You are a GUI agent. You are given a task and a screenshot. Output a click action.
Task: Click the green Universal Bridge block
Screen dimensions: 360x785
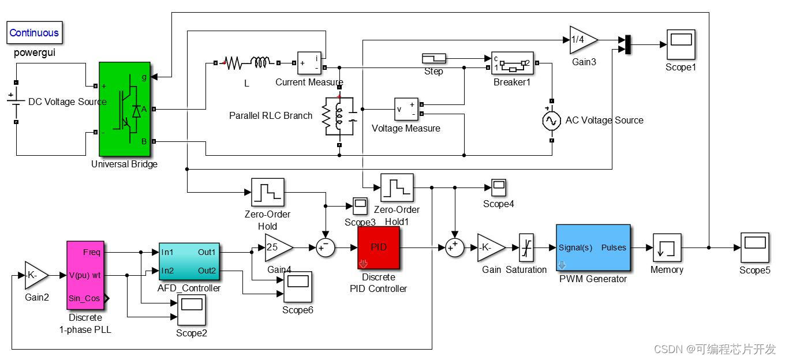tap(125, 109)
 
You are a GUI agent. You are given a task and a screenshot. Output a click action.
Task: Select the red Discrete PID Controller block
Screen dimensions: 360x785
tap(379, 247)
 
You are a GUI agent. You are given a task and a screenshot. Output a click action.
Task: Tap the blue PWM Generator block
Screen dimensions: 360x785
tap(593, 247)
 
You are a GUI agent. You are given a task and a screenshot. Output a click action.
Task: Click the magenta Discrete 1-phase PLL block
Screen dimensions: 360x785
tap(85, 275)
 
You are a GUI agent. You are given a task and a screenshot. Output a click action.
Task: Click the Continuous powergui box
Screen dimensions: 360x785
tap(34, 33)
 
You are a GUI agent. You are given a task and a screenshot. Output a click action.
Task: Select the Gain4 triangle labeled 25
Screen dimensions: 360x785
tap(276, 247)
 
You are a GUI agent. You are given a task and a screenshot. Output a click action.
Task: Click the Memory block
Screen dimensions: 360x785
tap(667, 247)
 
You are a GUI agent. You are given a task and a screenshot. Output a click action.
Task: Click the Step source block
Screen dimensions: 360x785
tap(433, 58)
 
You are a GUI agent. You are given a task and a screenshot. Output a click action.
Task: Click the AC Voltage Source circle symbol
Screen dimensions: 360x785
tap(551, 120)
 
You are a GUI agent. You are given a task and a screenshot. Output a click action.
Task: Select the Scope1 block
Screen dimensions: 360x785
tap(681, 44)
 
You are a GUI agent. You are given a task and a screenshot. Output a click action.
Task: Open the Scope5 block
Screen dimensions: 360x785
tap(755, 247)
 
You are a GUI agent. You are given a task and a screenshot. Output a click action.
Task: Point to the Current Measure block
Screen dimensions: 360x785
tap(309, 63)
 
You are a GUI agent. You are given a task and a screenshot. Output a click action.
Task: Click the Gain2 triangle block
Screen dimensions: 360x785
tap(35, 276)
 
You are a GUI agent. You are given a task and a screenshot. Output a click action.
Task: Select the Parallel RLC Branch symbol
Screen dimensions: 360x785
tap(339, 116)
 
